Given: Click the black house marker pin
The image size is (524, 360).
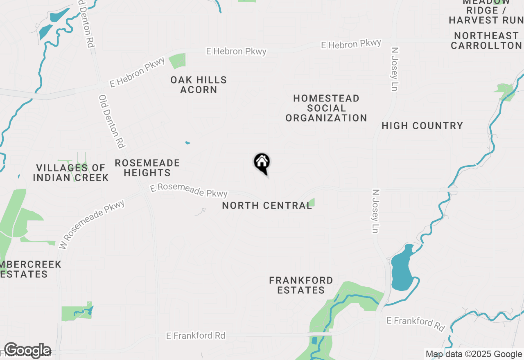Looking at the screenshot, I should (262, 163).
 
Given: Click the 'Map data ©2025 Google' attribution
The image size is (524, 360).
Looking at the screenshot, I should (474, 354).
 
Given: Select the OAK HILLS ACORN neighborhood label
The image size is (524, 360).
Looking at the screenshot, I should (199, 85).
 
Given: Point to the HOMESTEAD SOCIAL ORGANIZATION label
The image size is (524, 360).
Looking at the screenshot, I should (326, 108).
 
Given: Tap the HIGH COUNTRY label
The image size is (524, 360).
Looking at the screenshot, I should (422, 126).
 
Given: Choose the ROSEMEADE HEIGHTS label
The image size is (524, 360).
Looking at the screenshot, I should (147, 168).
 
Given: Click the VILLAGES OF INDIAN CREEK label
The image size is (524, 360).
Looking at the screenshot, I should (71, 173).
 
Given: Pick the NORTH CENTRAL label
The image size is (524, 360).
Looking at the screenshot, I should (267, 205).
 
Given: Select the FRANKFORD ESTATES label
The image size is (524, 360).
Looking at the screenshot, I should (301, 285).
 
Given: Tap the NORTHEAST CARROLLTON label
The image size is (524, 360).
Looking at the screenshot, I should (486, 40).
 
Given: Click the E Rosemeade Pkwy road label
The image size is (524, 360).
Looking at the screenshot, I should (189, 191).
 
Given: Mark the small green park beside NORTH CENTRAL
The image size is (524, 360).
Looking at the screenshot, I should (312, 202).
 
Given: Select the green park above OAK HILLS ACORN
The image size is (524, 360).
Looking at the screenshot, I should (178, 61).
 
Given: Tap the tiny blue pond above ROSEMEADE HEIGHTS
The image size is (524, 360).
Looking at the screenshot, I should (187, 143).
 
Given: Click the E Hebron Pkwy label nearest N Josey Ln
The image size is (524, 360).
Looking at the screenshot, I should (351, 44).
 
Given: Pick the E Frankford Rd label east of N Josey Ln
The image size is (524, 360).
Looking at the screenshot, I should (416, 324).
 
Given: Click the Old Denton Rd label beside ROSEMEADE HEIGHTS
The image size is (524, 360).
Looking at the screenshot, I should (111, 121).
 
